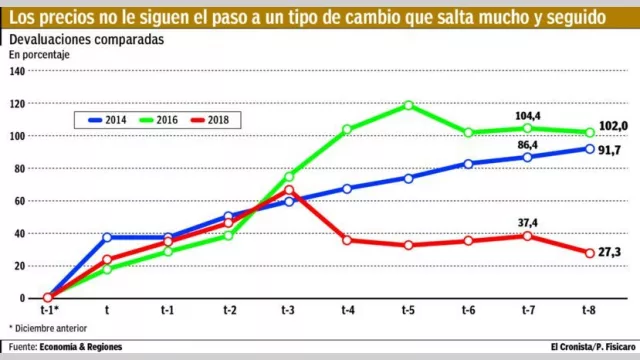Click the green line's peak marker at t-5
tap(409, 105)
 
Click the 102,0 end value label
tap(611, 126)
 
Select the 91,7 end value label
tap(609, 149)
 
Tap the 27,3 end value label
tap(609, 253)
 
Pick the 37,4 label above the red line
tap(526, 223)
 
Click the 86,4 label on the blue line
tap(526, 145)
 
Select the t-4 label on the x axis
tap(348, 311)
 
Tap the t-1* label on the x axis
tap(48, 311)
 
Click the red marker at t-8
tap(590, 253)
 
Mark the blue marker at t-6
tap(469, 164)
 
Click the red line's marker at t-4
tap(348, 240)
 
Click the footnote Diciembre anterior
tap(51, 327)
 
